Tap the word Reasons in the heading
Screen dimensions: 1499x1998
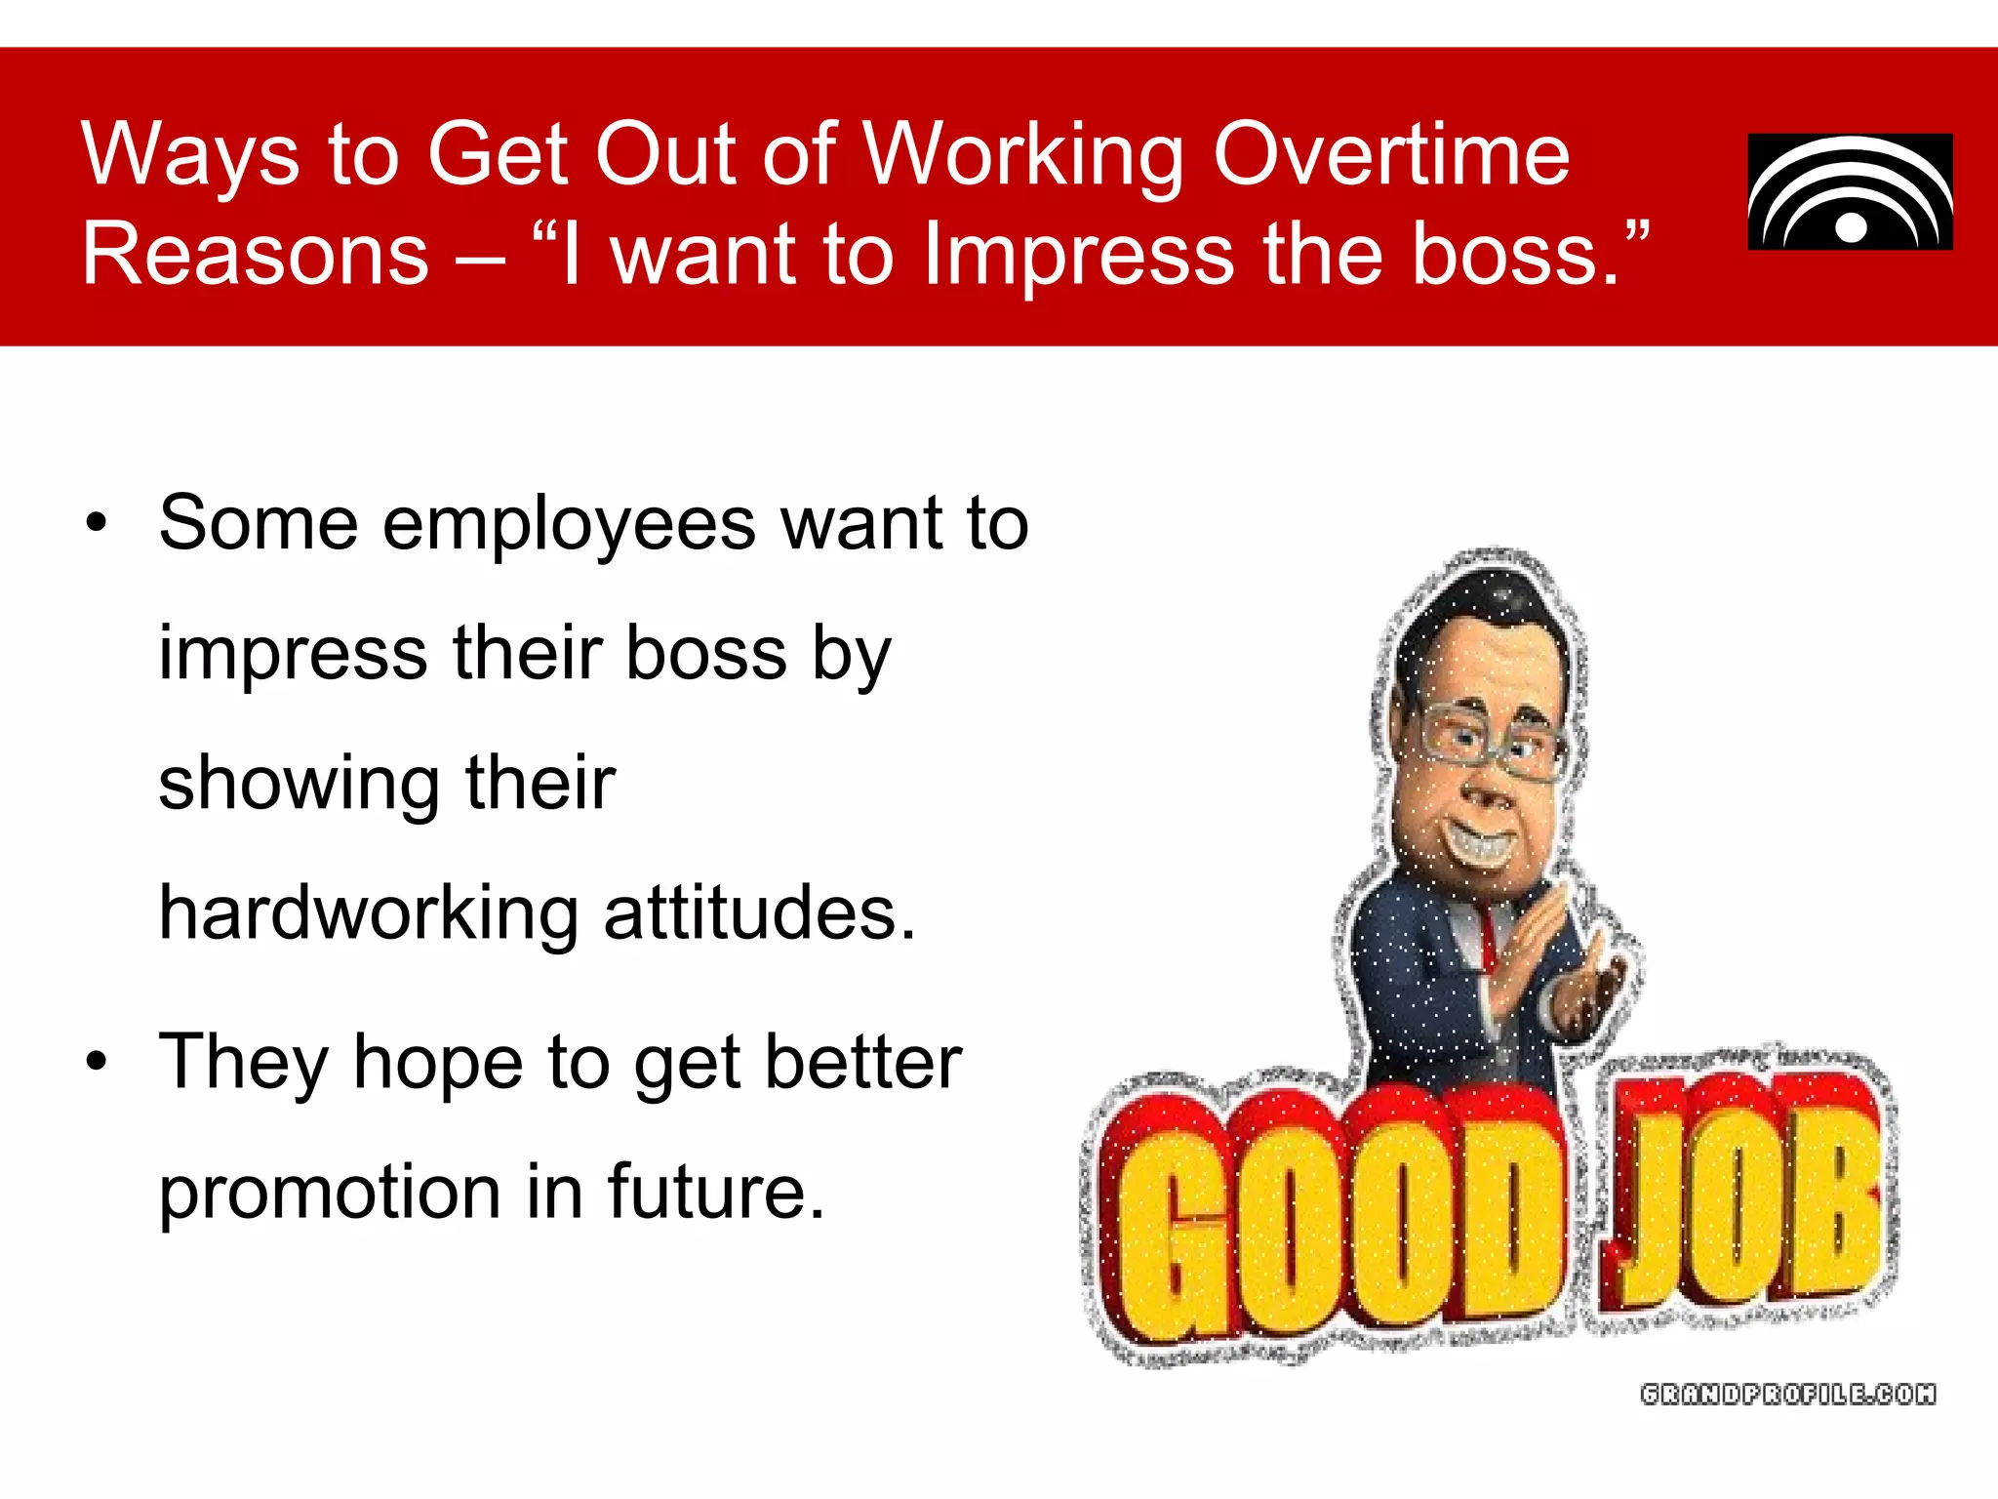pyautogui.click(x=256, y=254)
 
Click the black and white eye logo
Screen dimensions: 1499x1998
pyautogui.click(x=1850, y=192)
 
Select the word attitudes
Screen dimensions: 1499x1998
pyautogui.click(x=760, y=912)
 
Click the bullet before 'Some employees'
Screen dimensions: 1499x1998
pyautogui.click(x=96, y=523)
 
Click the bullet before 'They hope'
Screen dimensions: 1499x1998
pyautogui.click(x=96, y=1062)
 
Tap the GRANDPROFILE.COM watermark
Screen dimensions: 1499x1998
pyautogui.click(x=1788, y=1394)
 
